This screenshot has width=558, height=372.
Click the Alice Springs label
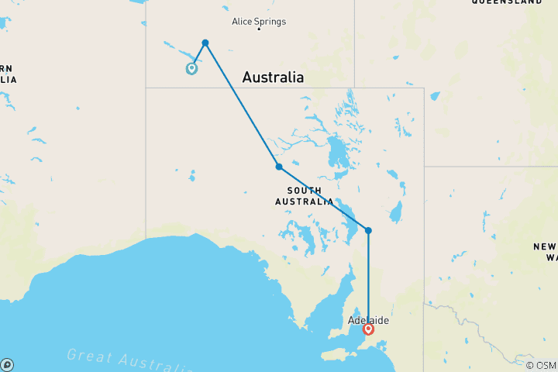[x=259, y=21]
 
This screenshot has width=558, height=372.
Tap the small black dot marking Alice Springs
[x=259, y=29]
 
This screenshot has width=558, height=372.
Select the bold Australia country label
[x=273, y=77]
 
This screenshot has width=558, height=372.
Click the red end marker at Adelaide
[x=368, y=329]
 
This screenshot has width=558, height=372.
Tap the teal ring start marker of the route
[x=191, y=68]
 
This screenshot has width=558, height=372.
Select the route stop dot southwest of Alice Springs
[x=205, y=43]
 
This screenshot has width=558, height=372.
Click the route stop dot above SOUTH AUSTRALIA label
[x=278, y=167]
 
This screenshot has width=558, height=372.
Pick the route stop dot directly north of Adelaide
[x=368, y=230]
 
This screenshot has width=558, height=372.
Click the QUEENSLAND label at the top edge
[x=507, y=2]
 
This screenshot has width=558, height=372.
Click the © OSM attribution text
[x=540, y=365]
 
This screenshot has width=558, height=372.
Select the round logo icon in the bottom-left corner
[x=7, y=364]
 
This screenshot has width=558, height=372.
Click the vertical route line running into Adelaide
[x=368, y=279]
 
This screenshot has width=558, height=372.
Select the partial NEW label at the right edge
[x=544, y=246]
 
